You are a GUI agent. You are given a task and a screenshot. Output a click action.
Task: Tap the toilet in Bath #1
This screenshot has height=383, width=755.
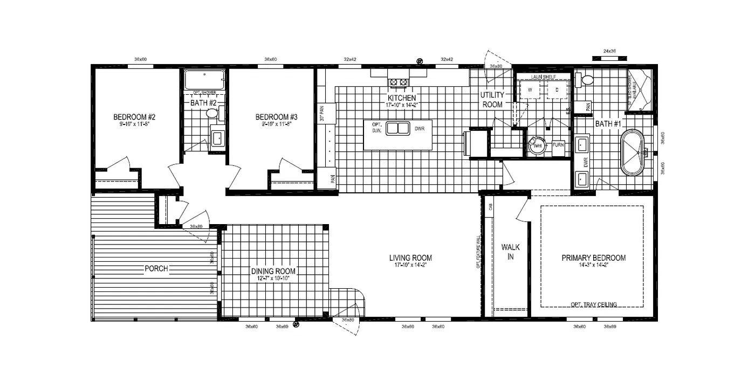tap(586, 80)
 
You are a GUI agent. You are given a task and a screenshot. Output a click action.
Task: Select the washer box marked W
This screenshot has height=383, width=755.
tap(530, 90)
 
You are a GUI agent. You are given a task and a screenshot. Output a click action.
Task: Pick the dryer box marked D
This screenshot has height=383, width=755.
tap(557, 90)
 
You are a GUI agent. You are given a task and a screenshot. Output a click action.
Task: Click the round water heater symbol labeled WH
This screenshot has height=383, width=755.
tap(537, 145)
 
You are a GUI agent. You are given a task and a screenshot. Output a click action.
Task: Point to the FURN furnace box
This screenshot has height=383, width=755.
tap(558, 145)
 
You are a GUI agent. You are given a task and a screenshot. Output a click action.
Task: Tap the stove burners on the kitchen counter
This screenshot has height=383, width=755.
tap(398, 82)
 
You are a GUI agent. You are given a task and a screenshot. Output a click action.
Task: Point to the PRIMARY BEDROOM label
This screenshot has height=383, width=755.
tap(594, 258)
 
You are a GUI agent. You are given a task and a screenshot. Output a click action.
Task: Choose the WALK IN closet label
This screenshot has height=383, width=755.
tap(511, 252)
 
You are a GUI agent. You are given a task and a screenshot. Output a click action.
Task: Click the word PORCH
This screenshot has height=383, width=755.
tap(156, 269)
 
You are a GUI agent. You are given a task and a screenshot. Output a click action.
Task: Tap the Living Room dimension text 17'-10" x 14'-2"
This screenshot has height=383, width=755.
tap(410, 265)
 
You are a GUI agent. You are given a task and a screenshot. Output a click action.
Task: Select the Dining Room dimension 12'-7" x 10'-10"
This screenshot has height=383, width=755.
tap(273, 278)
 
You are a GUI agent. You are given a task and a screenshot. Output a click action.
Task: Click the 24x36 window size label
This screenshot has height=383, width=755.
tap(609, 51)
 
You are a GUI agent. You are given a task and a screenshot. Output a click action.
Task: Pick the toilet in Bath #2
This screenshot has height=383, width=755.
tap(212, 114)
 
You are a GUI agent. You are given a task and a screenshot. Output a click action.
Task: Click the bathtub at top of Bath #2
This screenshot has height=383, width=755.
tap(204, 80)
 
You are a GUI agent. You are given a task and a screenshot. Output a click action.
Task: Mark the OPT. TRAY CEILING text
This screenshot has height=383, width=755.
tap(594, 304)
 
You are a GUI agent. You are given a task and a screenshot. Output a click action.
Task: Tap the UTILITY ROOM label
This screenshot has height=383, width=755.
tap(491, 100)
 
